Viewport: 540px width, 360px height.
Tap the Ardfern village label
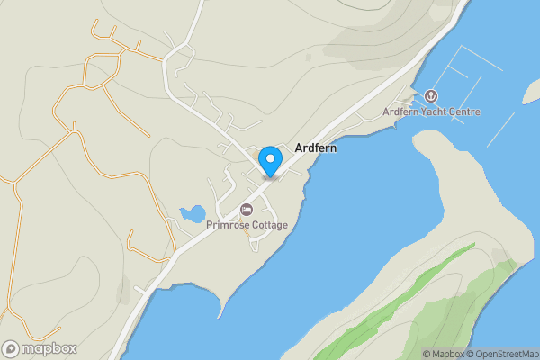pyautogui.click(x=316, y=148)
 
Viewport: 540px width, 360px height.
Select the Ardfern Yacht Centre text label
pyautogui.click(x=431, y=112)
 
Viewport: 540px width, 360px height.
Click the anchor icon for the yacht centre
pyautogui.click(x=431, y=96)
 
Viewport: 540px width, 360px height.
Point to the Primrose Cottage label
pyautogui.click(x=247, y=225)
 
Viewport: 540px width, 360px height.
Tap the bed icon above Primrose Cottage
pyautogui.click(x=247, y=211)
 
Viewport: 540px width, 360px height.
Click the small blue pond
pyautogui.click(x=192, y=214)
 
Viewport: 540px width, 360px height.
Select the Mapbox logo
pyautogui.click(x=40, y=348)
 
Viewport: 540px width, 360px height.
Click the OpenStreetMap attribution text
pyautogui.click(x=508, y=354)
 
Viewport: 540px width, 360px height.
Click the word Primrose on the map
pyautogui.click(x=226, y=225)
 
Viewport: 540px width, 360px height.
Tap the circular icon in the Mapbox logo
pyautogui.click(x=11, y=348)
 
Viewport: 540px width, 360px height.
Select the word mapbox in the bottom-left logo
pyautogui.click(x=49, y=348)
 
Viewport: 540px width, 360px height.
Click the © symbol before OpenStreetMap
pyautogui.click(x=473, y=354)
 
